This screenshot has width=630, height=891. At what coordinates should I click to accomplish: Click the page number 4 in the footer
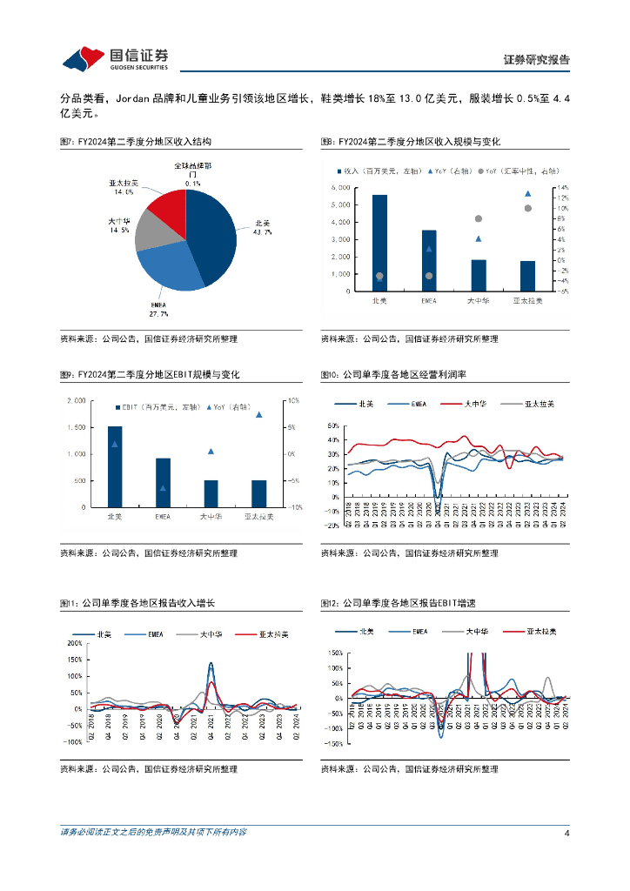(566, 833)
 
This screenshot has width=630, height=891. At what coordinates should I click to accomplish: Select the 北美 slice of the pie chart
(209, 235)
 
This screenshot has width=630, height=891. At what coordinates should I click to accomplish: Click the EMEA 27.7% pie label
(158, 308)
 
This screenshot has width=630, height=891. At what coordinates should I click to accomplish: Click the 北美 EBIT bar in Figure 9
(114, 466)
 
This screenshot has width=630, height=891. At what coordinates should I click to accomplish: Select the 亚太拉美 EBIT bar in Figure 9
(258, 493)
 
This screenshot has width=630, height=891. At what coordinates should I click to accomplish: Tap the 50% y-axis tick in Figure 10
(332, 426)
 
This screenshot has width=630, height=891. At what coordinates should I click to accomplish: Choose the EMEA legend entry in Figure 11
(144, 634)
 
